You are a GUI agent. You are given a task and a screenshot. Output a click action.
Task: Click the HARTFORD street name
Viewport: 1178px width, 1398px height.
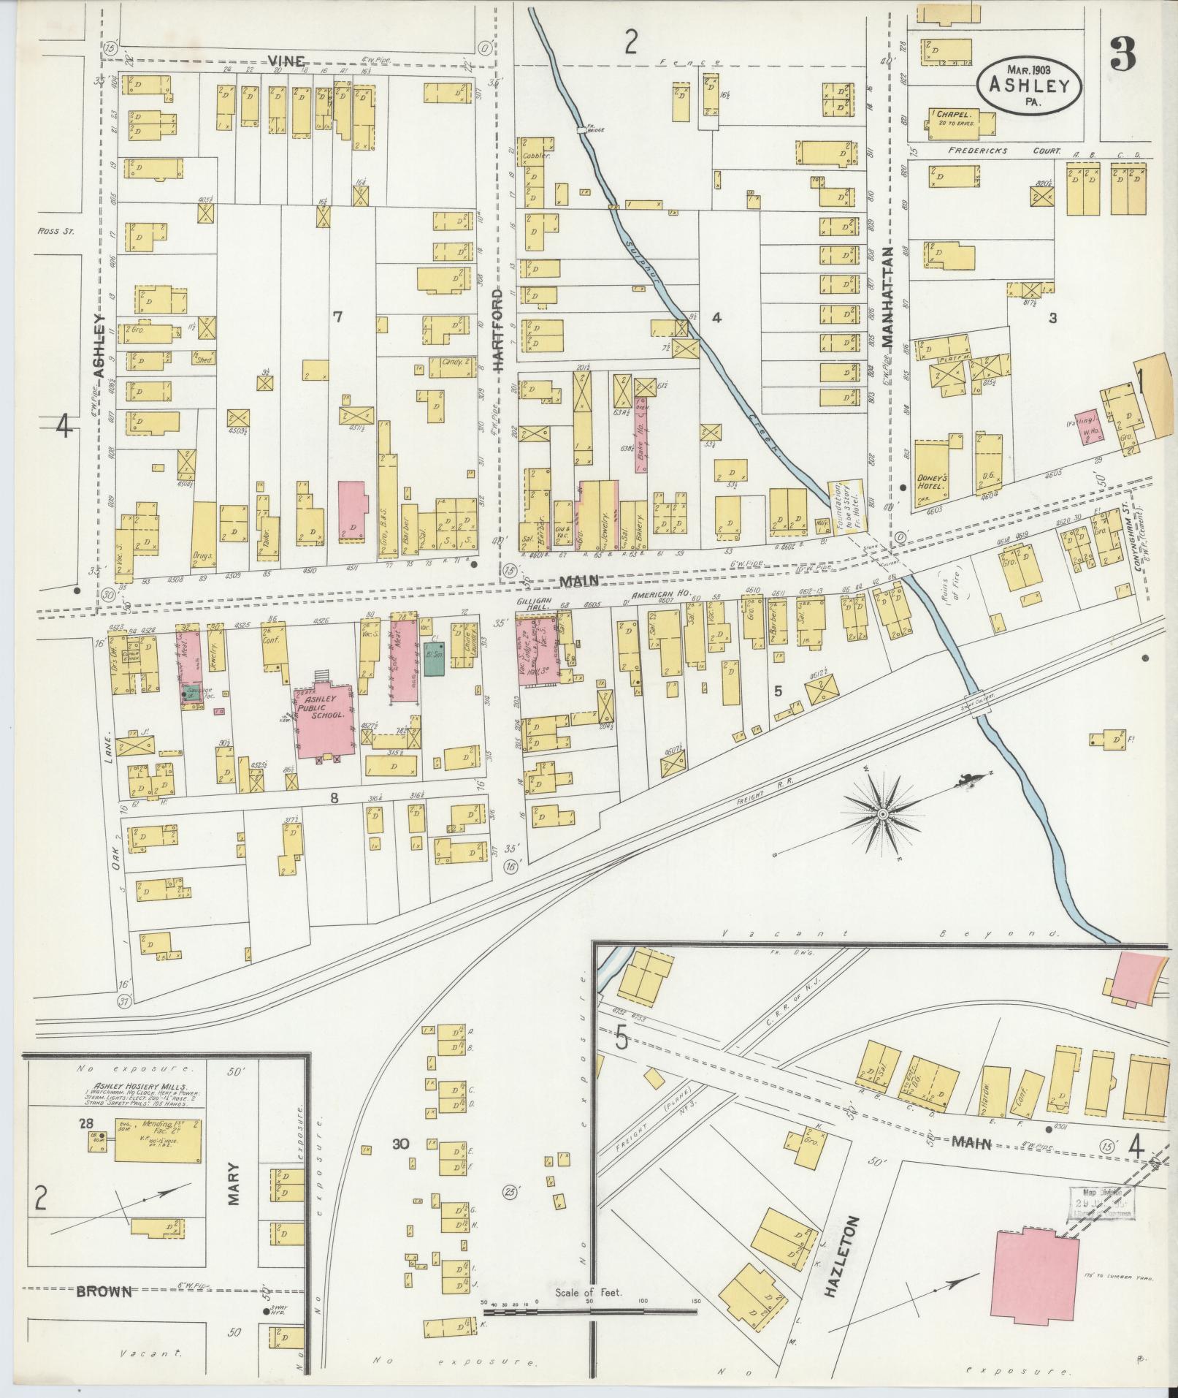pos(499,330)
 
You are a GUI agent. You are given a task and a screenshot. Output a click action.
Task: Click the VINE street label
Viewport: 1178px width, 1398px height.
pos(286,61)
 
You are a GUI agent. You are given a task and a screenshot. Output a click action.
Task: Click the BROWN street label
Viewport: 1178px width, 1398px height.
pos(104,1292)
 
